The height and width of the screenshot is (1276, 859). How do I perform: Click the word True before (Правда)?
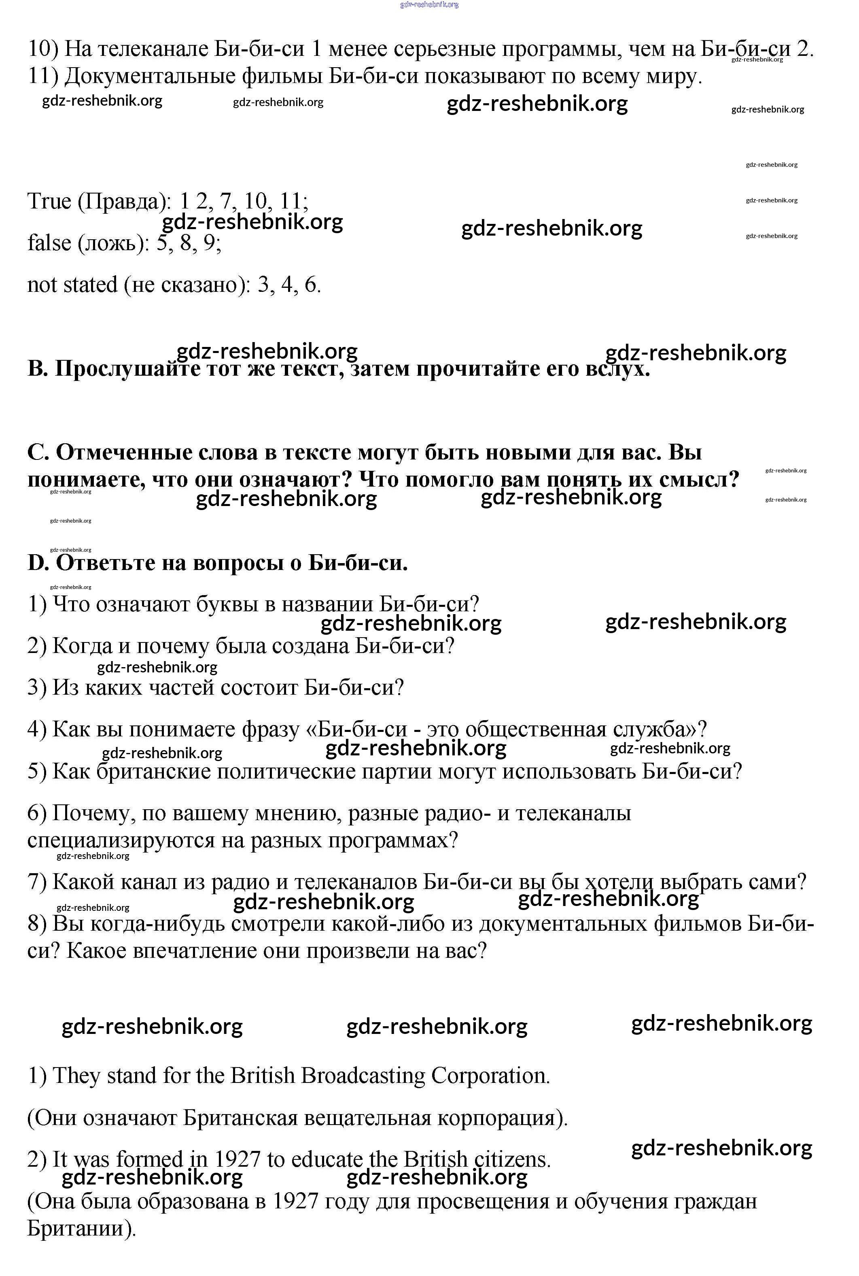point(49,201)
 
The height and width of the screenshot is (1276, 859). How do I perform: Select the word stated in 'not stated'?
point(88,285)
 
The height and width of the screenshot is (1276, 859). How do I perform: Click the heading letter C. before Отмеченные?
point(38,453)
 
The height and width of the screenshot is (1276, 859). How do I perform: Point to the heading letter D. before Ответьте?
point(38,563)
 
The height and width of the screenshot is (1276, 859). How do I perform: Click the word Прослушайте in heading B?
point(127,369)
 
